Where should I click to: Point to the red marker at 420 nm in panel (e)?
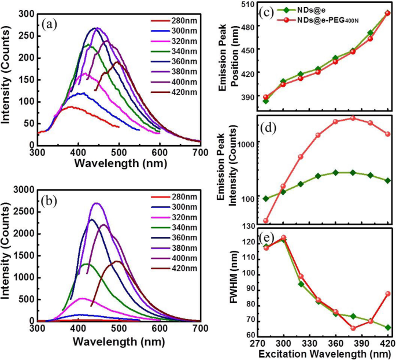[387, 294]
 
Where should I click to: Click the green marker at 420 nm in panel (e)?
[387, 328]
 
